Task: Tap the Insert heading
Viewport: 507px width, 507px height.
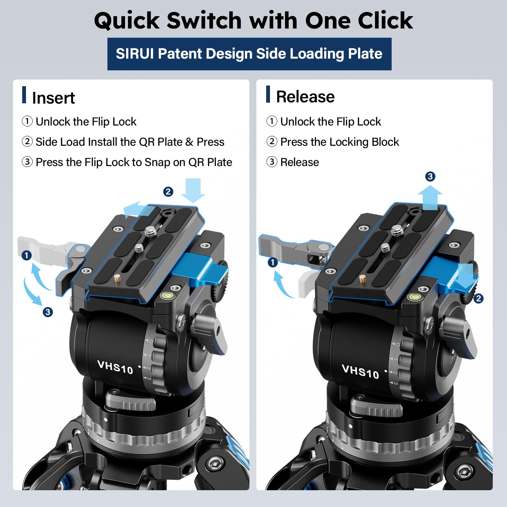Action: coord(53,98)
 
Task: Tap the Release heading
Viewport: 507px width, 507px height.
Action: coord(305,97)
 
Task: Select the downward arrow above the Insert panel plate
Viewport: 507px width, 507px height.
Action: coord(193,190)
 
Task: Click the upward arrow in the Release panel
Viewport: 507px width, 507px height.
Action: coord(430,197)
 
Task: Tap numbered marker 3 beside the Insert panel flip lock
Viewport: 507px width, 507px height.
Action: coord(48,312)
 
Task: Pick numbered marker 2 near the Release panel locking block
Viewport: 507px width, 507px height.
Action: coord(478,298)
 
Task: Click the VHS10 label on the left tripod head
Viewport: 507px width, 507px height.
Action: coord(115,367)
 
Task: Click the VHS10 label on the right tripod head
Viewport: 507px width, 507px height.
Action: coord(360,371)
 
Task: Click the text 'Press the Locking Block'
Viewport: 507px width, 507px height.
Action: coord(339,142)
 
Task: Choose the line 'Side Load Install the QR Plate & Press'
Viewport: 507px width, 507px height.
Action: coord(130,142)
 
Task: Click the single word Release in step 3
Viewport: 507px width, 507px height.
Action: coord(299,162)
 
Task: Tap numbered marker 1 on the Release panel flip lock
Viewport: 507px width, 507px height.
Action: coord(273,262)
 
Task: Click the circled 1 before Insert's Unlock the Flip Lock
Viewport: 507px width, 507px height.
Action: coord(27,121)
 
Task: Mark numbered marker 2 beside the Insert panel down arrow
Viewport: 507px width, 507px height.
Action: coord(168,192)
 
